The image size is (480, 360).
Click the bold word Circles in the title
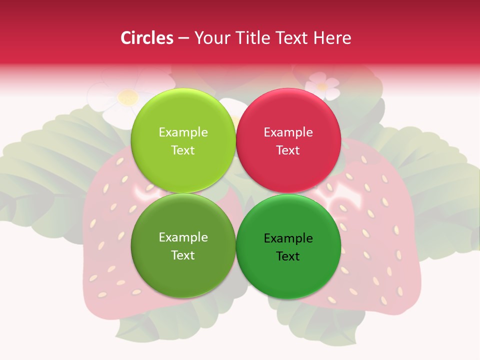pos(146,38)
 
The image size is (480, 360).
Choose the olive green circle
pos(183,270)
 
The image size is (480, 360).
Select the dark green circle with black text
pos(288,272)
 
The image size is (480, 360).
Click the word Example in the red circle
pos(288,132)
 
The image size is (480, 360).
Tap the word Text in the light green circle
pos(183,150)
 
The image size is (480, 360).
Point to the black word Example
pos(288,238)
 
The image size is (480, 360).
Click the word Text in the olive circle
pos(183,255)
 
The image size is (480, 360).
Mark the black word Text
pos(288,256)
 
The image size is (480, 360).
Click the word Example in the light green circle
pos(183,132)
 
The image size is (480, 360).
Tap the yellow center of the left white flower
pos(128,97)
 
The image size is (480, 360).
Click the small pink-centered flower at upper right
pos(321,85)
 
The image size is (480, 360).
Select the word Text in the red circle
pos(288,150)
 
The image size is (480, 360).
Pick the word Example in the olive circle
pos(183,237)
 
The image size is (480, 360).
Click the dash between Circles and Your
pos(183,38)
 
